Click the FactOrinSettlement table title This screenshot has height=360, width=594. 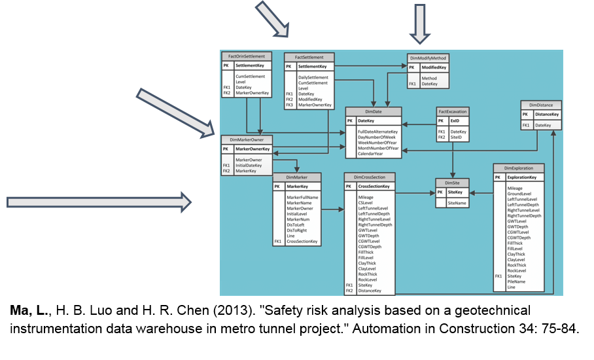[x=247, y=57]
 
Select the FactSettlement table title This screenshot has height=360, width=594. [x=309, y=58]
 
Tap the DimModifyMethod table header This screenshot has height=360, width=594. [x=428, y=58]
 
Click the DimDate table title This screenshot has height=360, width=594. [x=373, y=112]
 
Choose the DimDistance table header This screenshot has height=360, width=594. [x=540, y=105]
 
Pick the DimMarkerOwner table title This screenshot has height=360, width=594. [x=247, y=139]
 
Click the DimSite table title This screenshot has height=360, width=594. [x=453, y=183]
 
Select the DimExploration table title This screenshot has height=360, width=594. [x=518, y=168]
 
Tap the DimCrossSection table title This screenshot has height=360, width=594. [x=370, y=177]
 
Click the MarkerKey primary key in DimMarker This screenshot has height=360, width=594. [x=297, y=187]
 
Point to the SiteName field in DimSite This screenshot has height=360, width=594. [x=457, y=204]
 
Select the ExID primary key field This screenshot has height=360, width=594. [x=455, y=121]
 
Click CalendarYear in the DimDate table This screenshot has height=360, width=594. [x=370, y=154]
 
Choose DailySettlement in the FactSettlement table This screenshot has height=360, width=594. [x=313, y=77]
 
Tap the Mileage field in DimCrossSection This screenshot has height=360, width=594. [x=366, y=197]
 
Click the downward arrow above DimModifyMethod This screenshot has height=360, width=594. [x=419, y=26]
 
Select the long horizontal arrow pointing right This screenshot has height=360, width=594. [x=98, y=202]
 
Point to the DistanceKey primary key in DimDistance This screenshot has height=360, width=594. [x=547, y=115]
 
